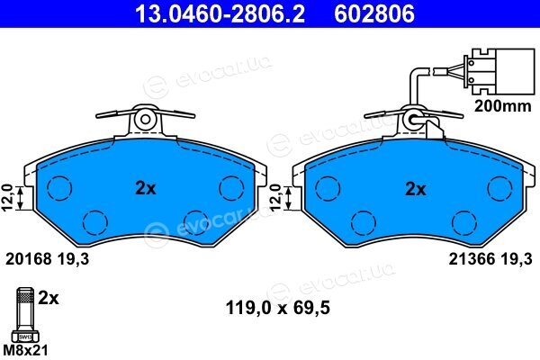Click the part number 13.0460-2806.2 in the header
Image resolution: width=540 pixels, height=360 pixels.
220,13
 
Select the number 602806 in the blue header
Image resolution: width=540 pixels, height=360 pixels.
374,13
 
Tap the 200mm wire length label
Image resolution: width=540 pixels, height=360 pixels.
503,106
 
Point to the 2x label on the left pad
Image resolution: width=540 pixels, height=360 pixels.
145,188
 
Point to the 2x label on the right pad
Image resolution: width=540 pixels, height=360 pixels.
416,189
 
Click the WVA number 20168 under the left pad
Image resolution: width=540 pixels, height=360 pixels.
29,258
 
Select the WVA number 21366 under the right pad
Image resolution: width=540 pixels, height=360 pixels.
472,258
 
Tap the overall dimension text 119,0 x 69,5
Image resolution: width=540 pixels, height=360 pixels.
277,308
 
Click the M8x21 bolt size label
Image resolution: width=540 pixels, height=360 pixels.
25,350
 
